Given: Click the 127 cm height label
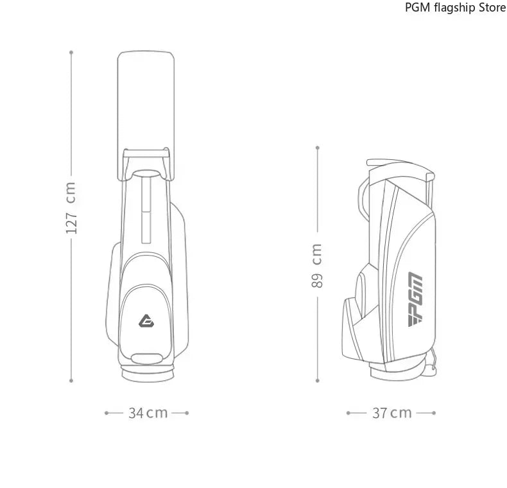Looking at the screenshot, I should click(x=71, y=207).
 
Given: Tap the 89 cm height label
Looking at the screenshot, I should click(x=317, y=265).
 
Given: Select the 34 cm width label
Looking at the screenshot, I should click(x=147, y=413).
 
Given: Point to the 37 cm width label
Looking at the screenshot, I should click(x=391, y=413).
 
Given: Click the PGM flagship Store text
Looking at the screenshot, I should click(x=455, y=8).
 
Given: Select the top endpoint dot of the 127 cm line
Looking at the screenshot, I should click(x=71, y=52).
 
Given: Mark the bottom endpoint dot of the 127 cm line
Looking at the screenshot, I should click(x=71, y=380).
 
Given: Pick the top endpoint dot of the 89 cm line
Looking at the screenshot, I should click(x=317, y=147).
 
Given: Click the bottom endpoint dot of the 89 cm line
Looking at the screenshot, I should click(x=317, y=380).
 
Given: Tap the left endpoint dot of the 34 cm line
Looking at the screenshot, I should click(x=106, y=413).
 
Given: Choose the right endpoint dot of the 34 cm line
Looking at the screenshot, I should click(x=187, y=413).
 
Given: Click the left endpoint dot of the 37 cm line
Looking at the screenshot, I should click(x=348, y=413).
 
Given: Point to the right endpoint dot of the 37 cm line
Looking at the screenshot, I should click(x=434, y=413).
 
